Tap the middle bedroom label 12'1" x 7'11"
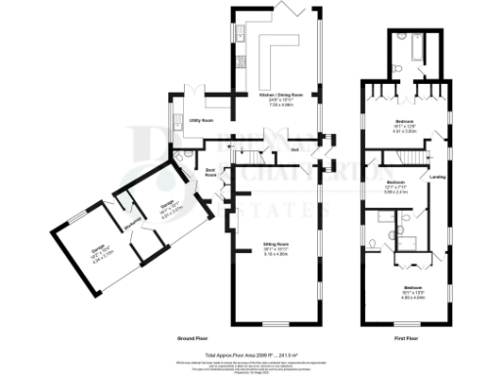point(395,187)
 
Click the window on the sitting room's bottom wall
point(277,323)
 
